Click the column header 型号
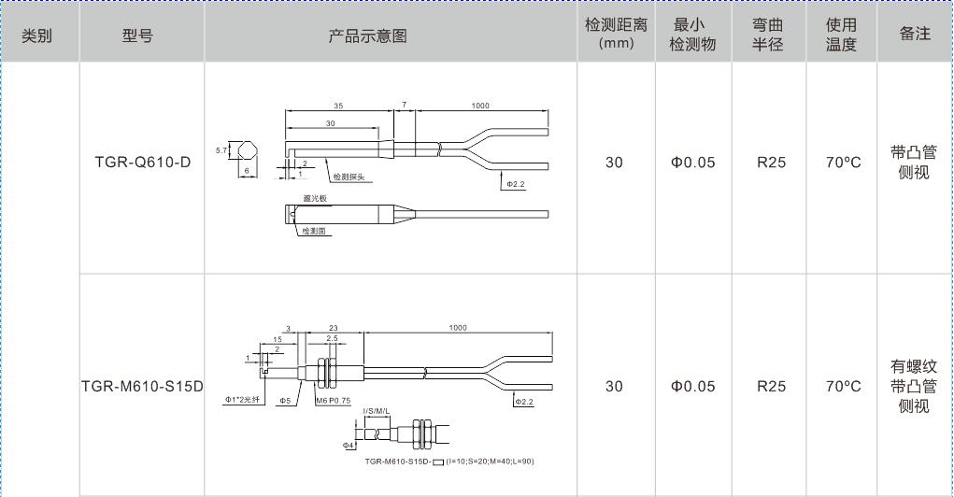[137, 36]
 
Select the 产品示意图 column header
[367, 36]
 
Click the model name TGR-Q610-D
[142, 163]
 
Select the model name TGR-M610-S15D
[142, 387]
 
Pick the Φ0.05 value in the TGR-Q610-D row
[692, 163]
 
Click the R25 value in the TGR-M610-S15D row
[771, 387]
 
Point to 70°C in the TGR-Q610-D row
[842, 163]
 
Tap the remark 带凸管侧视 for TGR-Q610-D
[914, 163]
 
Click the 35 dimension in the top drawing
[338, 106]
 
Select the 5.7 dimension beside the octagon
[221, 150]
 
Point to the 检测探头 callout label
[349, 176]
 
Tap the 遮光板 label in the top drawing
[315, 198]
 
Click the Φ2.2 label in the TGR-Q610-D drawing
[516, 185]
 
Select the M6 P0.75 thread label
[334, 401]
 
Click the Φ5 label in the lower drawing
[285, 401]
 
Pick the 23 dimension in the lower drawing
[333, 328]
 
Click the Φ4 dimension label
[349, 446]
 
